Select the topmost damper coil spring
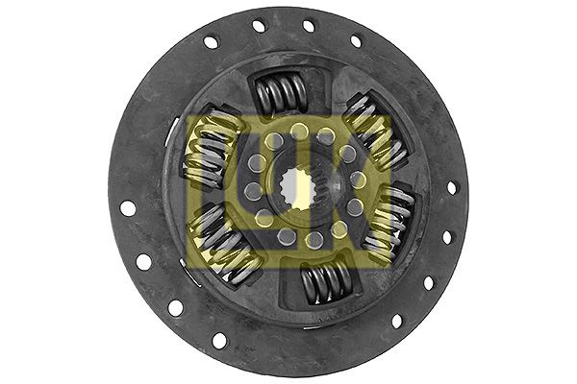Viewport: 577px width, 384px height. [281, 94]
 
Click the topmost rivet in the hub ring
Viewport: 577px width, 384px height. [299, 129]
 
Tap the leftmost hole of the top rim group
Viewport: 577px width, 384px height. [212, 42]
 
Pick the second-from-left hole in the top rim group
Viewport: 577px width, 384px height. [259, 26]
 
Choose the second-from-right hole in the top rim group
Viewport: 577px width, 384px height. [309, 25]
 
